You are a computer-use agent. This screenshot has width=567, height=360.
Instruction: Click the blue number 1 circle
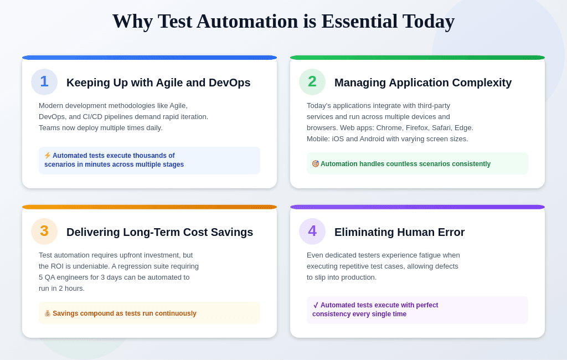(44, 82)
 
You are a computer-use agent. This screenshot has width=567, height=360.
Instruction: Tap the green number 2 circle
(312, 82)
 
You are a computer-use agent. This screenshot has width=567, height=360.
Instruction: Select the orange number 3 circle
(44, 232)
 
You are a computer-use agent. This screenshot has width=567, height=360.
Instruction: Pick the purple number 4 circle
(312, 232)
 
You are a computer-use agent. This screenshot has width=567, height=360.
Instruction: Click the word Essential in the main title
(359, 22)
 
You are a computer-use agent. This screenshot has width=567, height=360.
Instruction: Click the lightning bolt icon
(48, 156)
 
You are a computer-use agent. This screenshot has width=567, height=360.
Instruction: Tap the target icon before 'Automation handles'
(315, 164)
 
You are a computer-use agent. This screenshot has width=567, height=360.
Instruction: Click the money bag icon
(48, 313)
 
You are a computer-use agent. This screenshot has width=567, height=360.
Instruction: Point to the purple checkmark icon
(316, 305)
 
